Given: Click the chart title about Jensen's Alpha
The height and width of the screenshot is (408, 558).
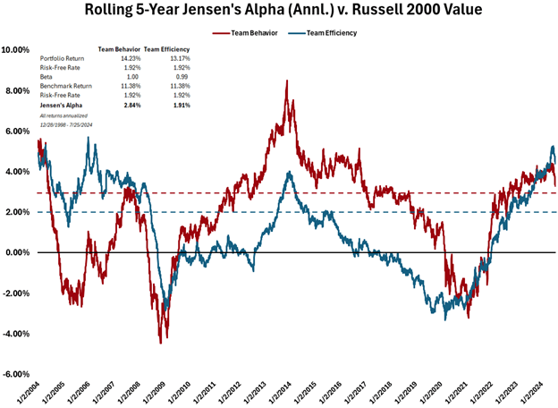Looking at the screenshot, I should [279, 12].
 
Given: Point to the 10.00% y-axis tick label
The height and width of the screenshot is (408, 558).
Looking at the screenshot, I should [17, 50].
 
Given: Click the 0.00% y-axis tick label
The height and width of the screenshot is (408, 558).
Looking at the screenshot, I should [19, 253].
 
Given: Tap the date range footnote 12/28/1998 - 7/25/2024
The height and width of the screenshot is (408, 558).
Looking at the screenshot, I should [64, 124].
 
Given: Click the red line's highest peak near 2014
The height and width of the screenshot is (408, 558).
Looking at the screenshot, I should [286, 81].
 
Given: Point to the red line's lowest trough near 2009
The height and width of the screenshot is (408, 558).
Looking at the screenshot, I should [160, 343].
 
